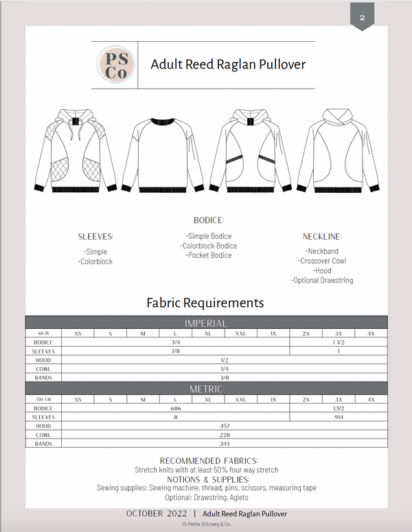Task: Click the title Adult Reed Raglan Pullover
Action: [x=228, y=65]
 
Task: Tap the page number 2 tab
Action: [x=361, y=16]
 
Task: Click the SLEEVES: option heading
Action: [x=95, y=237]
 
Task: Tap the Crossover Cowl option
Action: [x=322, y=261]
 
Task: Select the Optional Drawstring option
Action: [x=322, y=280]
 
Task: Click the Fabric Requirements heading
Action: [x=205, y=303]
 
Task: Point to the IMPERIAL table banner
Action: [x=206, y=323]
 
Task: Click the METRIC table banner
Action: [x=206, y=389]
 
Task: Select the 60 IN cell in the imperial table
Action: [x=43, y=333]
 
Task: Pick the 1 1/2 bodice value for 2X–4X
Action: [x=339, y=342]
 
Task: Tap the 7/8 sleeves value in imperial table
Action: [x=176, y=351]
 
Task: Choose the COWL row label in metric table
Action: [x=43, y=435]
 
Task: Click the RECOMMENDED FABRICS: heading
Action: [x=209, y=461]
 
